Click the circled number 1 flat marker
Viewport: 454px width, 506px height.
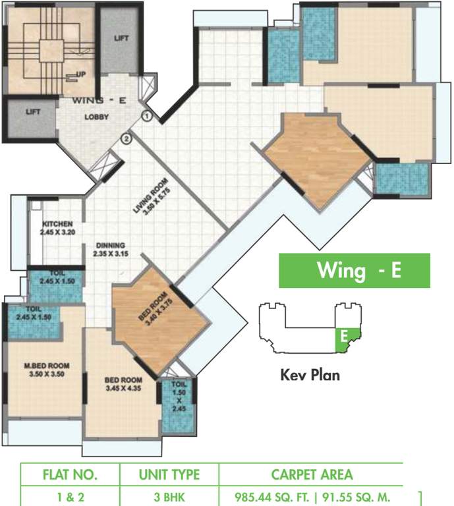click(147, 116)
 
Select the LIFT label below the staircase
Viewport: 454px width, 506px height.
click(33, 112)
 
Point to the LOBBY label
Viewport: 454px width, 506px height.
click(96, 118)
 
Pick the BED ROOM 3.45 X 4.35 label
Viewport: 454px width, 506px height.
click(123, 384)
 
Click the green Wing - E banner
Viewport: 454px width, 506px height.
click(354, 271)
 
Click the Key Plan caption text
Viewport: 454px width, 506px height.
click(310, 376)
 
